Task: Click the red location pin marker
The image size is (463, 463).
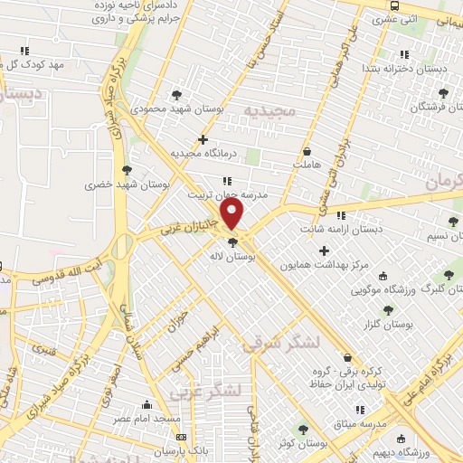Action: pyautogui.click(x=232, y=213)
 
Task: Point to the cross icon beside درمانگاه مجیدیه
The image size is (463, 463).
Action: pyautogui.click(x=203, y=139)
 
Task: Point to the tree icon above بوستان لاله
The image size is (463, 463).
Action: pyautogui.click(x=232, y=241)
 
